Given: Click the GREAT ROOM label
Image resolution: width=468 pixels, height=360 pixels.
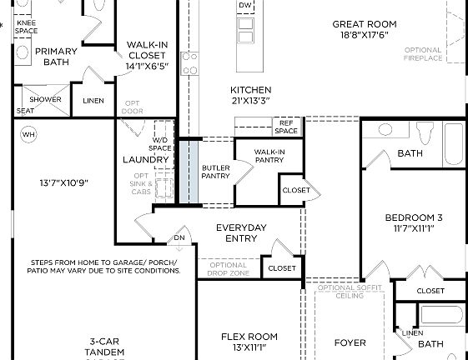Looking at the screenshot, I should [x=364, y=25].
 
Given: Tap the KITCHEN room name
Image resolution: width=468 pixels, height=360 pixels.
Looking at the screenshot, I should [x=250, y=90].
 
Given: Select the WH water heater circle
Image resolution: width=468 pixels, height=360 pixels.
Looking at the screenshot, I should [x=28, y=134].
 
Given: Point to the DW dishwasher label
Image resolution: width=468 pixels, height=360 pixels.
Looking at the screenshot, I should [x=244, y=6].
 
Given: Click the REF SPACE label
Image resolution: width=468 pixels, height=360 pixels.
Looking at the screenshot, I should [x=286, y=127].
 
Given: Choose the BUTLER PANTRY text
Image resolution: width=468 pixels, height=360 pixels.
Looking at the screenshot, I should [x=215, y=172].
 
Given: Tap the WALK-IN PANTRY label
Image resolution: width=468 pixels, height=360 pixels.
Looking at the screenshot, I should [x=269, y=155].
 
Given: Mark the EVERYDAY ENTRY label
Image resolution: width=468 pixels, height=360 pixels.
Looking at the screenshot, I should [x=241, y=233].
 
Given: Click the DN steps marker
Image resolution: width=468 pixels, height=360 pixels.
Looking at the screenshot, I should [x=179, y=238].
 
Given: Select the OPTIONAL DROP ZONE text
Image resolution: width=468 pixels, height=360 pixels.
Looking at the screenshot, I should [x=228, y=269].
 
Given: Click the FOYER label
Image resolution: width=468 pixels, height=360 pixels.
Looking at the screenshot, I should [x=350, y=342].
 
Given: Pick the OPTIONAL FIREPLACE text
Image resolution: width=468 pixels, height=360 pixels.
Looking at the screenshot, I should [x=423, y=54].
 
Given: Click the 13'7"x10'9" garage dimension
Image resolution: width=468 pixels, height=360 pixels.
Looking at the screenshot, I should [x=63, y=182].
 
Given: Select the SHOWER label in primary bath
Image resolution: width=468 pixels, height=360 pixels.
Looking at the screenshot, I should [x=46, y=100].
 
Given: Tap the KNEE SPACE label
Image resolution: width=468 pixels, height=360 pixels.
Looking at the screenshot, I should [x=27, y=26].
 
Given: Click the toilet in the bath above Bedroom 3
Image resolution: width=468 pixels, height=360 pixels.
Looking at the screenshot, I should [x=385, y=130].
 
